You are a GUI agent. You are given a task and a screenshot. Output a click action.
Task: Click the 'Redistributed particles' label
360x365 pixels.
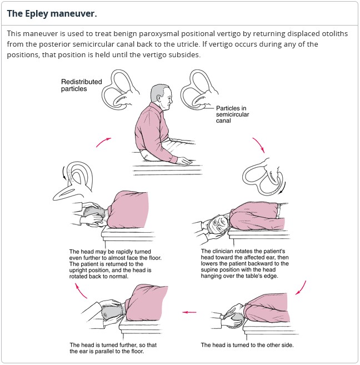click(x=82, y=85)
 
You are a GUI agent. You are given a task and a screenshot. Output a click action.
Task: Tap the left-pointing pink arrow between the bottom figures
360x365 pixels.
click(x=190, y=312)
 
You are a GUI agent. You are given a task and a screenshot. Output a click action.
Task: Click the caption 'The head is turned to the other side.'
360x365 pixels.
click(x=247, y=345)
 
